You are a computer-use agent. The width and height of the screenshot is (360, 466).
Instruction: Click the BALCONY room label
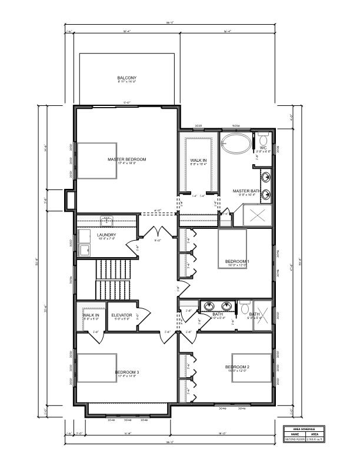(126, 78)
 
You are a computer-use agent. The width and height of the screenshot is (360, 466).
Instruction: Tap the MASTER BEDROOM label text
(126, 159)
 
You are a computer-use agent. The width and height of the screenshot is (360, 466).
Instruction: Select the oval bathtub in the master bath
(235, 143)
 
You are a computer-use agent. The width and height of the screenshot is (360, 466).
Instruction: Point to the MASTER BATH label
(246, 191)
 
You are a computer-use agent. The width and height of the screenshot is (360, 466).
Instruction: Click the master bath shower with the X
(257, 215)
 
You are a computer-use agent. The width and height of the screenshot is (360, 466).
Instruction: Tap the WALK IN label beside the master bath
(198, 160)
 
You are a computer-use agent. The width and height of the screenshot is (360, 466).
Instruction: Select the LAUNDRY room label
(106, 235)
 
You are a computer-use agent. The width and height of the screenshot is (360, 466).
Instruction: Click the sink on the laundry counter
(106, 221)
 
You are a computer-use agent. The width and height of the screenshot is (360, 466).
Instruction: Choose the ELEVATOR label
(122, 315)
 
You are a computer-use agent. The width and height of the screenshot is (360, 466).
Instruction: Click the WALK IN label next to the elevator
(91, 315)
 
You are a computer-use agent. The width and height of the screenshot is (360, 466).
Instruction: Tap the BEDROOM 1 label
(237, 261)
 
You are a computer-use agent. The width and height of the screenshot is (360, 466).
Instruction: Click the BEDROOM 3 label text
(126, 372)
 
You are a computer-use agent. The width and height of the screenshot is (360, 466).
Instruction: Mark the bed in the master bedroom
(96, 160)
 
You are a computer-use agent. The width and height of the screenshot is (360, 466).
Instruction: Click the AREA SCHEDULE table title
(304, 430)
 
